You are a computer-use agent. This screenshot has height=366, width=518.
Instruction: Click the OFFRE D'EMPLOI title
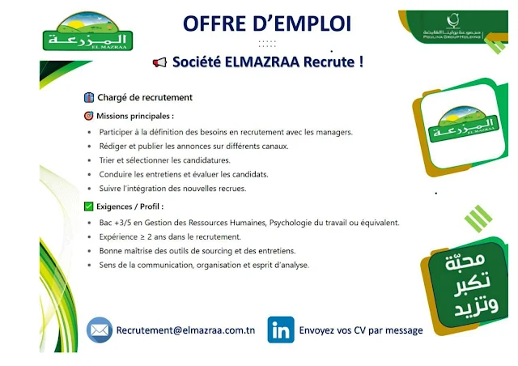coord(267,23)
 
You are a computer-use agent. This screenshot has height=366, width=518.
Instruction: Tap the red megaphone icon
coord(160,62)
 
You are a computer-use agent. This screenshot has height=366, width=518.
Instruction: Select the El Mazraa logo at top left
coord(88,31)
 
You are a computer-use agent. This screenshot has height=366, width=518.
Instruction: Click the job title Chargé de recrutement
coord(145,97)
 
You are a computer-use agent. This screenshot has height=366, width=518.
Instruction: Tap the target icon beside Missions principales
coord(88,116)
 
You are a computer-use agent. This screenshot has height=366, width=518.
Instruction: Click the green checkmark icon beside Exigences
coord(88,206)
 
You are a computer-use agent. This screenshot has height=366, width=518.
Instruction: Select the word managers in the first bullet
coord(334,132)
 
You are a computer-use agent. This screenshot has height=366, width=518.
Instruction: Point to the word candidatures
coord(206,160)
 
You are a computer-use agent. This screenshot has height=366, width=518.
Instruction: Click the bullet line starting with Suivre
coord(172,189)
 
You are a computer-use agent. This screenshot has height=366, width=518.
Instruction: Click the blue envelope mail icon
coord(99,330)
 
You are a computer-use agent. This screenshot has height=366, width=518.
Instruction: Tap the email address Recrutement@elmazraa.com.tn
coord(185,330)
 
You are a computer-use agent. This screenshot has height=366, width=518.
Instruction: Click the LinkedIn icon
coord(281,330)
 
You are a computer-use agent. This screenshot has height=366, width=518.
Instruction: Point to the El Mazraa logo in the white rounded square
coord(463,123)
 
